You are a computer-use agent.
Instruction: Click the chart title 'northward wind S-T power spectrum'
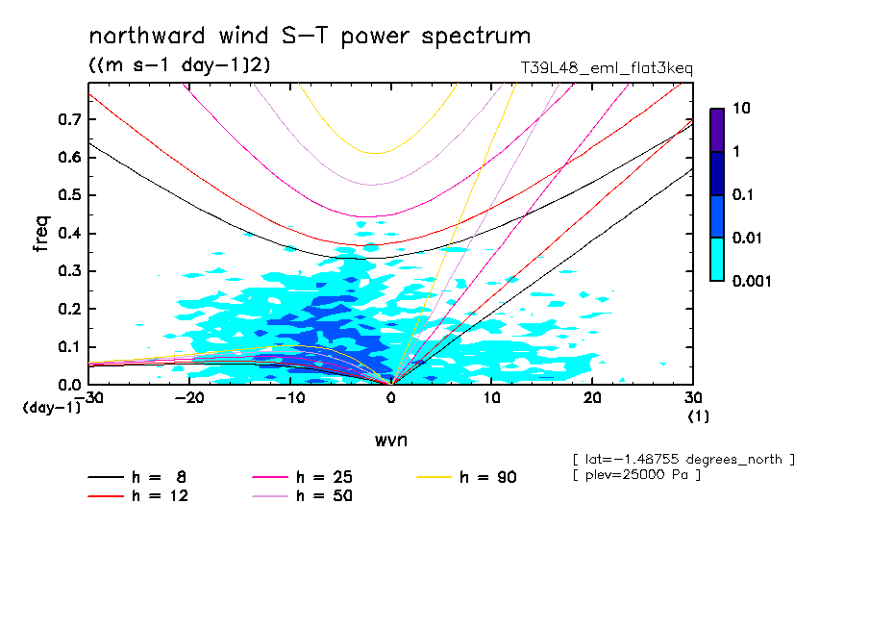pyautogui.click(x=310, y=37)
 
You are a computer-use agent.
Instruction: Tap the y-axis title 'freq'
pyautogui.click(x=40, y=233)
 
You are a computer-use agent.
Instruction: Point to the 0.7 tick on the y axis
pyautogui.click(x=67, y=119)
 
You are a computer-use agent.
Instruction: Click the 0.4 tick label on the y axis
pyautogui.click(x=67, y=234)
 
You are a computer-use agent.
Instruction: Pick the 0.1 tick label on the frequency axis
pyautogui.click(x=67, y=347)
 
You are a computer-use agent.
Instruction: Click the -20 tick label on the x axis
pyautogui.click(x=189, y=398)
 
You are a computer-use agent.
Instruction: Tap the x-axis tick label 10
pyautogui.click(x=491, y=398)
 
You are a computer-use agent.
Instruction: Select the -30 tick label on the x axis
pyautogui.click(x=88, y=398)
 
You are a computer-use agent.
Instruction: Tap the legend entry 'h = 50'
pyautogui.click(x=304, y=496)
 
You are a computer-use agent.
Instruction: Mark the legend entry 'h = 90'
pyautogui.click(x=469, y=477)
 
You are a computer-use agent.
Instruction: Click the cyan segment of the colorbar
pyautogui.click(x=717, y=259)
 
